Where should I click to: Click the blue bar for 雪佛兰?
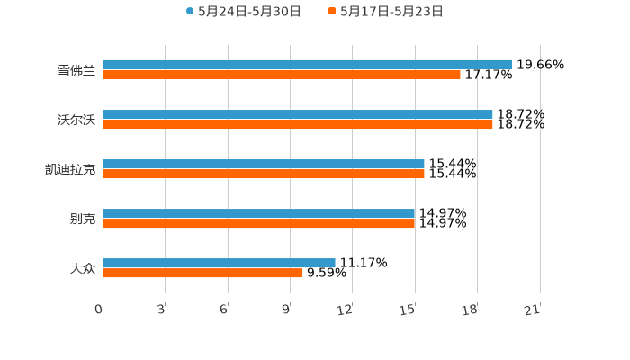306,65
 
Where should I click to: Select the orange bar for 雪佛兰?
281,75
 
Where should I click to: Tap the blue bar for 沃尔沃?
297,114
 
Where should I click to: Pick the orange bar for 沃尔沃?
297,124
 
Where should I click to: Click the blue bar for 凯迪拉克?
263,164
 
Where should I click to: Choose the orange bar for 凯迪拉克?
263,174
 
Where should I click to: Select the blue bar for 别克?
258,213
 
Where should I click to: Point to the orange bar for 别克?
258,223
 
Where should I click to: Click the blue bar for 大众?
219,263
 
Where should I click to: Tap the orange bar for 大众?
202,273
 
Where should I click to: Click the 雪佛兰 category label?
76,70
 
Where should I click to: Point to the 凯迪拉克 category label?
70,169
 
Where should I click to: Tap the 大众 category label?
82,268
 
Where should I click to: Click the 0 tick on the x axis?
100,310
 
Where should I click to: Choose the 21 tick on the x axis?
537,310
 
